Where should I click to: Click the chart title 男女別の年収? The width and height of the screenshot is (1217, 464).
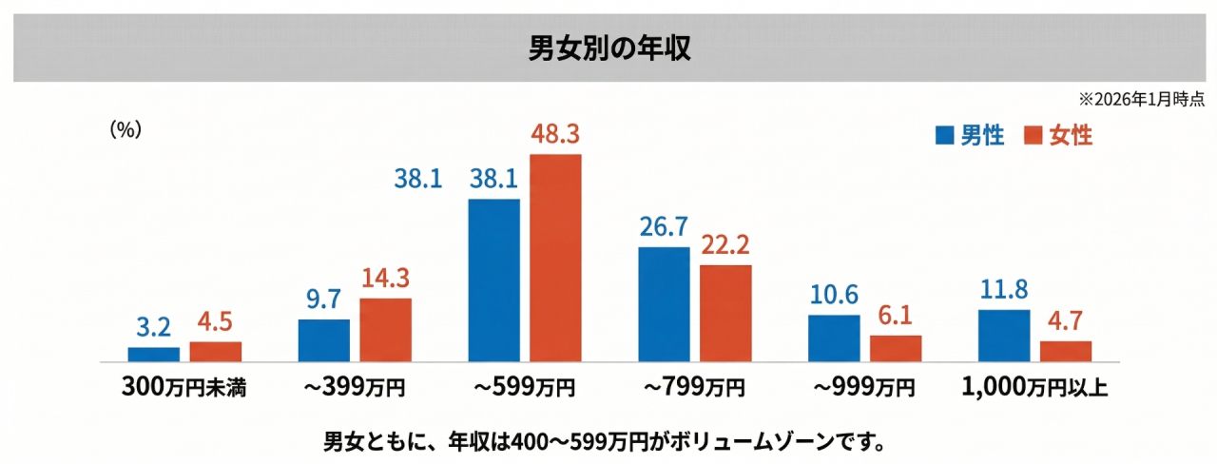[609, 48]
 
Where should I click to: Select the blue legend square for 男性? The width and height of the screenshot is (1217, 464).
[943, 135]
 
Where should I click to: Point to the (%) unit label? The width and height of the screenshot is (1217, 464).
[126, 130]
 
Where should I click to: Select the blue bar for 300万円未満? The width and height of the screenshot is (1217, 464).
[153, 355]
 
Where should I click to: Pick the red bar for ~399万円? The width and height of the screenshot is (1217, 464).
[385, 330]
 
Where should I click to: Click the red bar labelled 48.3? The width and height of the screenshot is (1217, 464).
[555, 258]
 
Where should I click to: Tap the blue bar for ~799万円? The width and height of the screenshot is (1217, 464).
[664, 304]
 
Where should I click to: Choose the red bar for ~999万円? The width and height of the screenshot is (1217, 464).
[896, 348]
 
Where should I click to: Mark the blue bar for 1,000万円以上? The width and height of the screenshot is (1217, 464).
[1004, 336]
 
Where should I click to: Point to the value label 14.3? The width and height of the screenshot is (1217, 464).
[385, 280]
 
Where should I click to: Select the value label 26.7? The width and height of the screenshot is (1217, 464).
[664, 228]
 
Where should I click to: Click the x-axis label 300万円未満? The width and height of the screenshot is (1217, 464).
[184, 388]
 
